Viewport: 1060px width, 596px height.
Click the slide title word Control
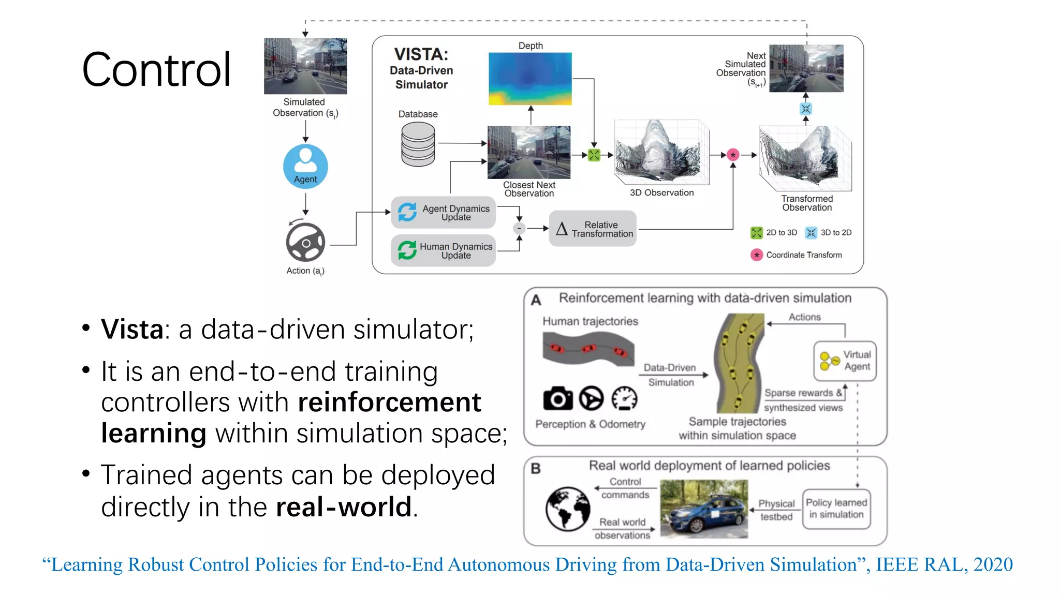click(x=156, y=70)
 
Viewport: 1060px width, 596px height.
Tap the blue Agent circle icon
click(x=305, y=166)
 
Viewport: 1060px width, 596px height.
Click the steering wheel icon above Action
click(x=305, y=242)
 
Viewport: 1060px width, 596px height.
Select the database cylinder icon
click(x=418, y=144)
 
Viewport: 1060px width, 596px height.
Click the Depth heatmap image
click(x=530, y=79)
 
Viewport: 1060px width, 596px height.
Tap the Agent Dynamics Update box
click(x=444, y=212)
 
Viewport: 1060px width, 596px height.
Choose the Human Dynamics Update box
click(x=444, y=250)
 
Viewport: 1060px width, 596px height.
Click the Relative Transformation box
click(x=593, y=229)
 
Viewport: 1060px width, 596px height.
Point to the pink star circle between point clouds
click(x=733, y=155)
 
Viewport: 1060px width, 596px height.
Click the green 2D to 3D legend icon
click(x=757, y=233)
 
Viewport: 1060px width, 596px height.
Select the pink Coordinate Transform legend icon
click(x=757, y=255)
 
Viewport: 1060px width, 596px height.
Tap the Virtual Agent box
click(x=845, y=361)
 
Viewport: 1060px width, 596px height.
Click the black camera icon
click(x=557, y=399)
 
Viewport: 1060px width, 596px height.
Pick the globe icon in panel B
click(x=568, y=509)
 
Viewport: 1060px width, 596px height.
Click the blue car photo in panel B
click(x=704, y=509)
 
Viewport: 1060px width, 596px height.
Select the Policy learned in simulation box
click(x=836, y=509)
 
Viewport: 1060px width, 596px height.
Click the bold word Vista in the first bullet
click(x=132, y=330)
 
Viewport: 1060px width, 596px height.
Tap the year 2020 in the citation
click(x=993, y=564)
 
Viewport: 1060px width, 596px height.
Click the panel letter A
click(x=536, y=300)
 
